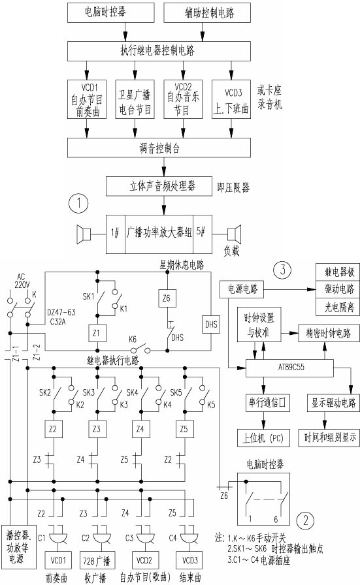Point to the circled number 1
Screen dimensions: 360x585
[78, 204]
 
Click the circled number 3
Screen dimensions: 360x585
[282, 270]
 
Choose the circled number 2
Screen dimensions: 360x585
[306, 520]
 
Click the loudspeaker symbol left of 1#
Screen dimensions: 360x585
[83, 234]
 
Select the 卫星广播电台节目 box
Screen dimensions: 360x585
[135, 99]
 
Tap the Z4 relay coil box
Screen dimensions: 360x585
[140, 429]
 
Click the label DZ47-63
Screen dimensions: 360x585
[61, 312]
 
